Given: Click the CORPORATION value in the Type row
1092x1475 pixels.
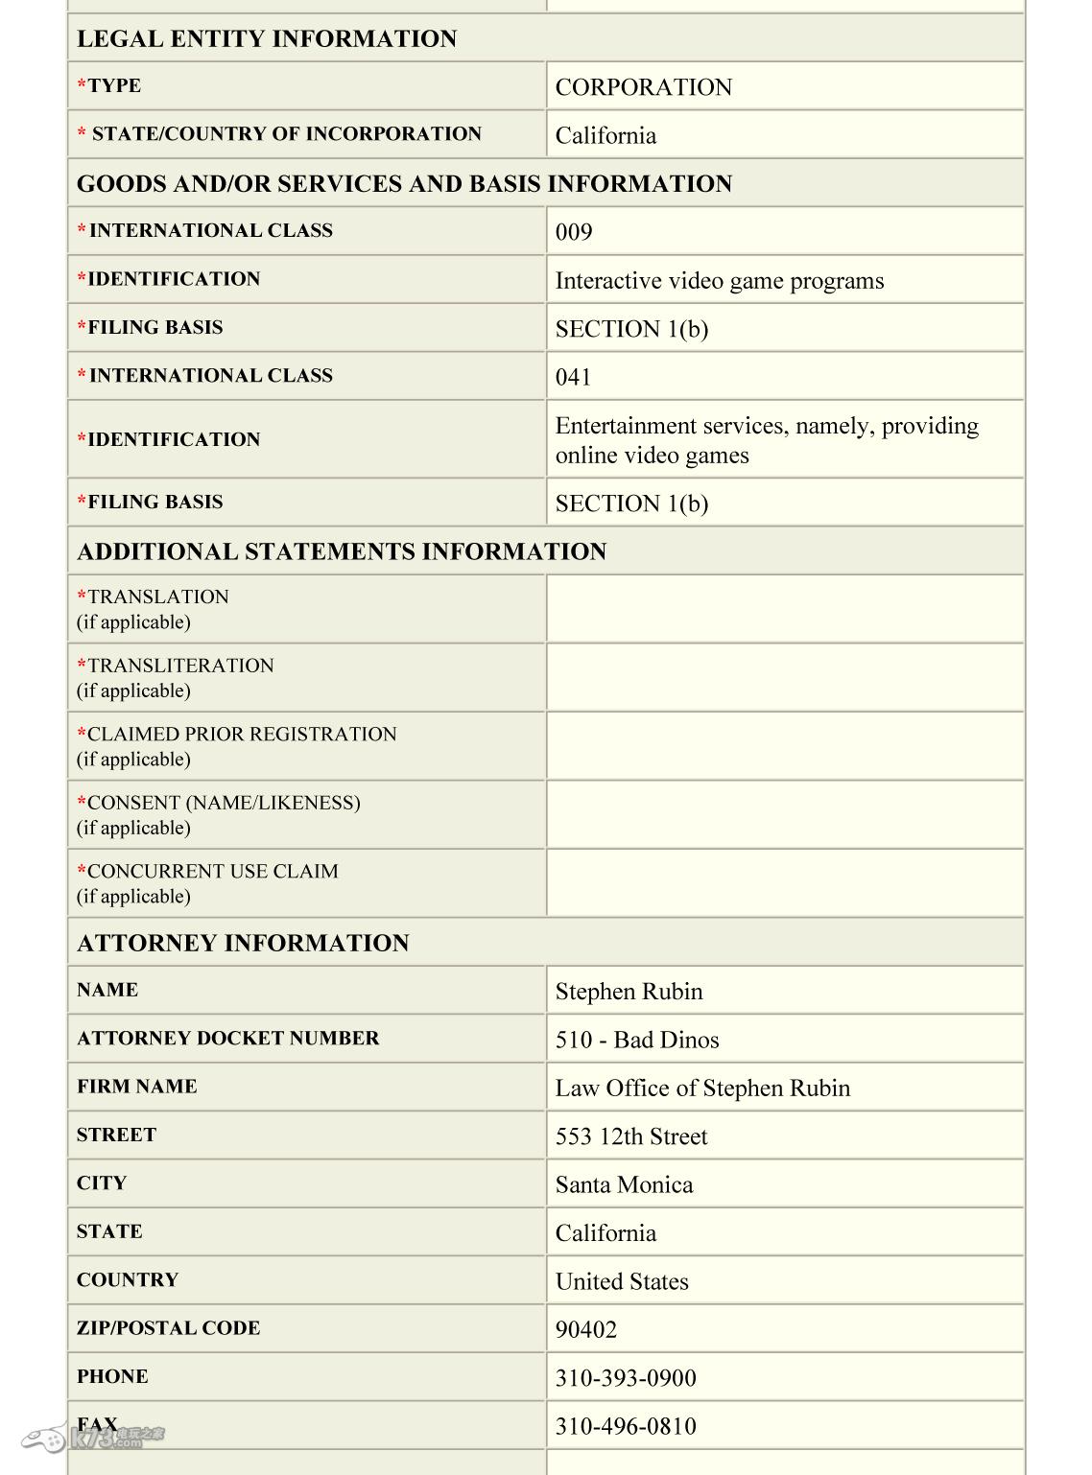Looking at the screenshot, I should (x=643, y=87).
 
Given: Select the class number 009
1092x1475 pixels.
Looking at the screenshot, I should (x=574, y=232).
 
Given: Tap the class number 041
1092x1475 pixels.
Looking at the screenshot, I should (x=574, y=377).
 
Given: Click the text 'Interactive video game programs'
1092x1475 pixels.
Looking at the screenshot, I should (x=719, y=281).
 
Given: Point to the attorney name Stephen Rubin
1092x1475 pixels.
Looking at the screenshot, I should (x=629, y=992).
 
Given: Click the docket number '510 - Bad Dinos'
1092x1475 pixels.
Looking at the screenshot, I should (x=637, y=1040).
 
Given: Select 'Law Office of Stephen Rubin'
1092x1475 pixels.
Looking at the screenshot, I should (x=702, y=1089).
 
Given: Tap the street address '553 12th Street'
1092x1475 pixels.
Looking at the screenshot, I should (x=631, y=1136).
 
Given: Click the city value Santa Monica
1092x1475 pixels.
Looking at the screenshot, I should (x=624, y=1184).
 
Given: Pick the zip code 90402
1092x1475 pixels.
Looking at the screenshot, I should (x=586, y=1330).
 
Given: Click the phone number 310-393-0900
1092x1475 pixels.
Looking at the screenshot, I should (x=626, y=1378).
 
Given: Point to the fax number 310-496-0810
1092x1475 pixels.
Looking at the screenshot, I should (x=626, y=1426).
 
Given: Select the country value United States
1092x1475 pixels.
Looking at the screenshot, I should (x=622, y=1281).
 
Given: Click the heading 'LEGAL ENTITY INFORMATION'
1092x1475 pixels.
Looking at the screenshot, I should (x=267, y=39).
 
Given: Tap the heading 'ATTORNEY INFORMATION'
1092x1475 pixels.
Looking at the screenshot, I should (x=243, y=943).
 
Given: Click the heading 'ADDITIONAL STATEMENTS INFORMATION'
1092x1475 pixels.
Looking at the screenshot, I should (x=342, y=551).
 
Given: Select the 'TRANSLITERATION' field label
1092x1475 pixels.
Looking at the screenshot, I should (x=180, y=666).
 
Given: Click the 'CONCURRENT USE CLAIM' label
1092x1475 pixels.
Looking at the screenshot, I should (x=212, y=871).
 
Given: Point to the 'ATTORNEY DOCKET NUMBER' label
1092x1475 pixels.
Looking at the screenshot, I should (x=227, y=1038).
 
